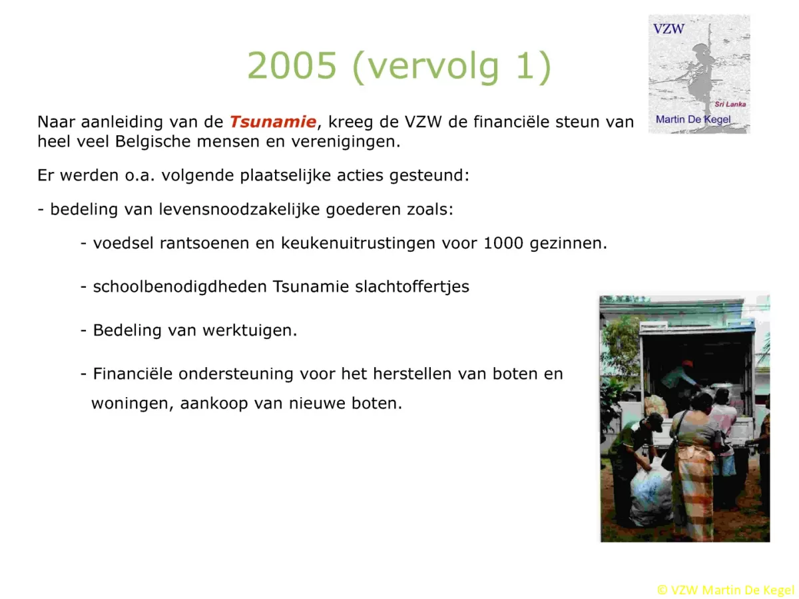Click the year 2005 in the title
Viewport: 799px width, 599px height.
pyautogui.click(x=291, y=65)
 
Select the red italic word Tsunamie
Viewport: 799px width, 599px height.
pyautogui.click(x=272, y=122)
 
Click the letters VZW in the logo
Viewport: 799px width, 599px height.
pyautogui.click(x=668, y=29)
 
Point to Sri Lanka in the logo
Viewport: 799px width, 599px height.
pyautogui.click(x=730, y=104)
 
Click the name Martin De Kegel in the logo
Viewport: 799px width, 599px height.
pyautogui.click(x=692, y=119)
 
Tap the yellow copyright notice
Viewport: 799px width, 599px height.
pyautogui.click(x=726, y=590)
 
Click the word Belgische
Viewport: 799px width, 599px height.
pyautogui.click(x=153, y=141)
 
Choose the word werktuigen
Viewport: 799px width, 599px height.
pyautogui.click(x=250, y=330)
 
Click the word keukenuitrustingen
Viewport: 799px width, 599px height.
pyautogui.click(x=358, y=243)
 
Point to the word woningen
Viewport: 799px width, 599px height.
pyautogui.click(x=133, y=404)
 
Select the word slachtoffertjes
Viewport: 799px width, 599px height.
pyautogui.click(x=412, y=287)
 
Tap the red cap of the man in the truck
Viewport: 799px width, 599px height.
pyautogui.click(x=686, y=363)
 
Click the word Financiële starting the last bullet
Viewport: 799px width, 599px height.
pyautogui.click(x=133, y=374)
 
